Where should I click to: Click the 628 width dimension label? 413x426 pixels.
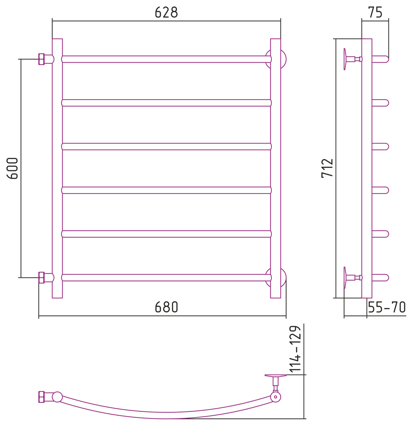coord(166,12)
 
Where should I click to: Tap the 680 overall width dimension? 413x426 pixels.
coord(166,307)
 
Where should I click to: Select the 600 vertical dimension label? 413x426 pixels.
coord(12,168)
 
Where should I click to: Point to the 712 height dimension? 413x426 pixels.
coord(327,168)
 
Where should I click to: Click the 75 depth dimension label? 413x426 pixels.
coord(375,12)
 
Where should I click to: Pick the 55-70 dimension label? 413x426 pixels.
coord(387,307)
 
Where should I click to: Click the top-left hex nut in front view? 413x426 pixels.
coord(41,59)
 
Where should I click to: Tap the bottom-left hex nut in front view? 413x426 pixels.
coord(41,278)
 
